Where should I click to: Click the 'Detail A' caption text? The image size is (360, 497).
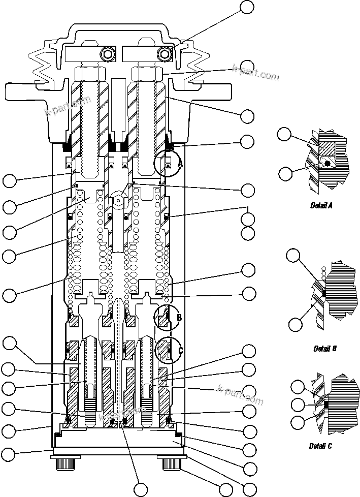tap(321, 205)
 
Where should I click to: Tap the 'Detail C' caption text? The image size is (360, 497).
tap(321, 446)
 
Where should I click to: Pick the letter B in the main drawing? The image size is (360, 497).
tap(179, 318)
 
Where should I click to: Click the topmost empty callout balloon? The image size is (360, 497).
tap(247, 7)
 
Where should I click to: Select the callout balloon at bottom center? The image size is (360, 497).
tap(141, 490)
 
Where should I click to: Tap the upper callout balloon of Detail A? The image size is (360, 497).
tap(284, 135)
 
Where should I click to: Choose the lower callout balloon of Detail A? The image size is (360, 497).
tap(285, 174)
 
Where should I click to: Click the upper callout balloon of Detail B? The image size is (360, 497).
tap(293, 255)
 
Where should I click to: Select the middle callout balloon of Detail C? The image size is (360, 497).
tap(298, 405)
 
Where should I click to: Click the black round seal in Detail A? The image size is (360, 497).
tap(328, 163)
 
